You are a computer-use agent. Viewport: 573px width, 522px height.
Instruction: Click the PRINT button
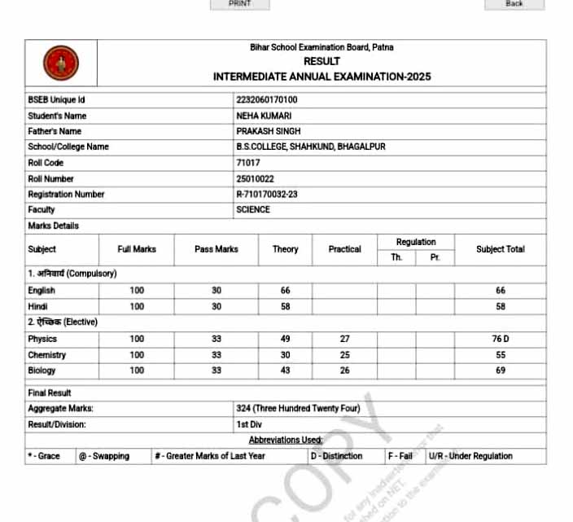pyautogui.click(x=239, y=4)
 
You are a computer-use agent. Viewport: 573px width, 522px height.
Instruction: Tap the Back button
pyautogui.click(x=514, y=4)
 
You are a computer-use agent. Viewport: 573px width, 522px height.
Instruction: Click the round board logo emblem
pyautogui.click(x=61, y=63)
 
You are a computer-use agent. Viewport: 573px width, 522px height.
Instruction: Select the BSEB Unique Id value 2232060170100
pyautogui.click(x=266, y=99)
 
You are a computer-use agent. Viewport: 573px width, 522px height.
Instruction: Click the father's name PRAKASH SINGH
pyautogui.click(x=269, y=131)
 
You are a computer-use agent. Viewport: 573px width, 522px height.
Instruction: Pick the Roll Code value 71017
pyautogui.click(x=247, y=163)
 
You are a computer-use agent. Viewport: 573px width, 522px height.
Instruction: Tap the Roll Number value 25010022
pyautogui.click(x=255, y=178)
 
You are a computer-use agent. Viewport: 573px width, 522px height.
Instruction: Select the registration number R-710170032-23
pyautogui.click(x=267, y=195)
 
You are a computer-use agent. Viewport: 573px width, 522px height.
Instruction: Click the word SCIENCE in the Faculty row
pyautogui.click(x=253, y=210)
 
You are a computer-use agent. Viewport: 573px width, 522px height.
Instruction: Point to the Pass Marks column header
pyautogui.click(x=217, y=249)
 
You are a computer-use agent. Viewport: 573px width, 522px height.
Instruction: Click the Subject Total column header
pyautogui.click(x=501, y=249)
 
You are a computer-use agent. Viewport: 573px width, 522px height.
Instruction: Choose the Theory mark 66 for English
pyautogui.click(x=286, y=291)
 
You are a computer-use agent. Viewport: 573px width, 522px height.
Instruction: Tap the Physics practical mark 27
pyautogui.click(x=345, y=339)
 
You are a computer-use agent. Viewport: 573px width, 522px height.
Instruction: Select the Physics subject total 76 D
pyautogui.click(x=501, y=339)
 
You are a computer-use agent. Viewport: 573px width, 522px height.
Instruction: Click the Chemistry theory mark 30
pyautogui.click(x=286, y=355)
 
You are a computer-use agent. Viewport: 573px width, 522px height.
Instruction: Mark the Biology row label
pyautogui.click(x=42, y=371)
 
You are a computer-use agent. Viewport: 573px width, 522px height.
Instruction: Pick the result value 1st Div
pyautogui.click(x=250, y=424)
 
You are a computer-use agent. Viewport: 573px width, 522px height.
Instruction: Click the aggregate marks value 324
pyautogui.click(x=243, y=409)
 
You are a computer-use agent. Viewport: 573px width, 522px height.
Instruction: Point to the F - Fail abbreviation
pyautogui.click(x=401, y=456)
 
